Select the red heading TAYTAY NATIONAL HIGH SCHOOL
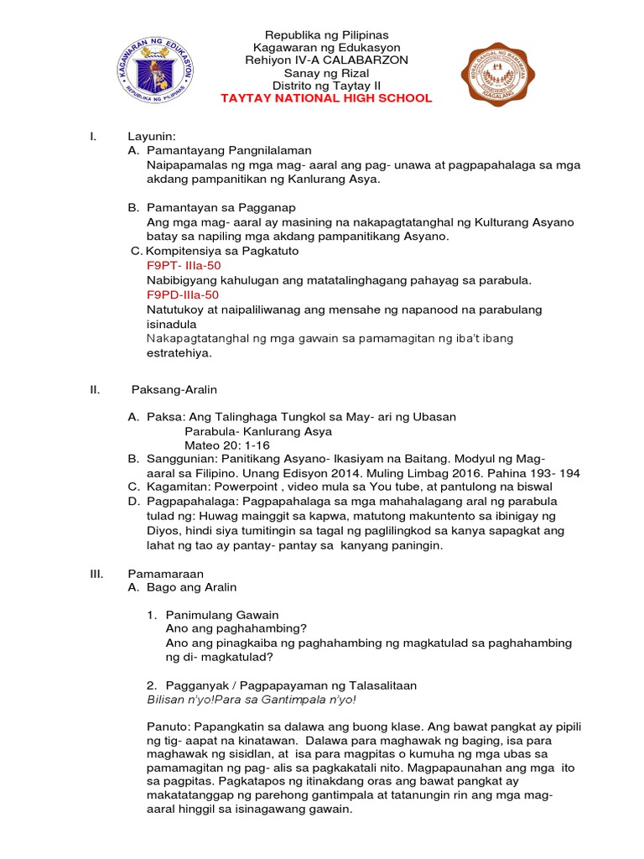(326, 98)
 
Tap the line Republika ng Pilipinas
(326, 34)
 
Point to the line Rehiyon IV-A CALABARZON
(326, 60)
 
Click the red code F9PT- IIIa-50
(183, 265)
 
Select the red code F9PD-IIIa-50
(183, 295)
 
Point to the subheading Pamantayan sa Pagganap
(221, 206)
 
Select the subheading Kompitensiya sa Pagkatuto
(222, 251)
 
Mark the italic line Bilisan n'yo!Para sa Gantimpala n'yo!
(257, 699)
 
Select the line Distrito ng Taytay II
(326, 86)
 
